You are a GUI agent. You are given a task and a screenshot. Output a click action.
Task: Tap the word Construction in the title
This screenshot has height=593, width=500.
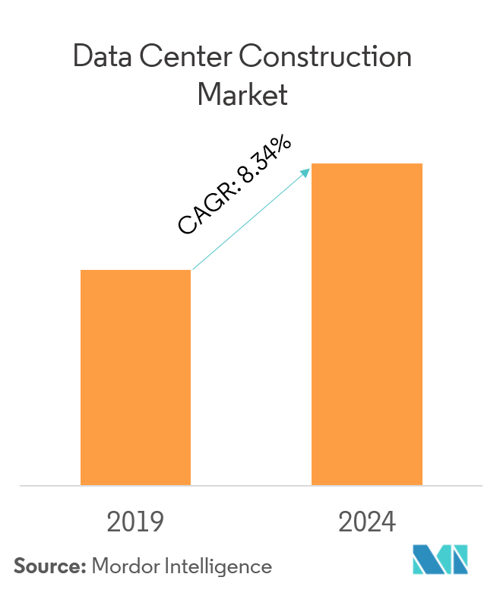point(329,59)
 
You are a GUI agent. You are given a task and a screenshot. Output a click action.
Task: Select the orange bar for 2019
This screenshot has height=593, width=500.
point(135,377)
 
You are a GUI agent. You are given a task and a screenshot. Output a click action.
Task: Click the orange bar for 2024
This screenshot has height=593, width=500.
point(367,324)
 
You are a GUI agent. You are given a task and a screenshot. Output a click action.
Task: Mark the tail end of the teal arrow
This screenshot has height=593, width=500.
point(194,268)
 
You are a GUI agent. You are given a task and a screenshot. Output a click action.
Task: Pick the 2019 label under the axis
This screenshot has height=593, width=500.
point(135,523)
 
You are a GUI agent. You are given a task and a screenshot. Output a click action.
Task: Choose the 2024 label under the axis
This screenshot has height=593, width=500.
point(367,523)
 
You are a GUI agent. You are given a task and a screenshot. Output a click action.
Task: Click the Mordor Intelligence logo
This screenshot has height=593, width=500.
point(441,560)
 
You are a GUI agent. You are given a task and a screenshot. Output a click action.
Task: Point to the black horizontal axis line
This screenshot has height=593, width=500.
point(250,485)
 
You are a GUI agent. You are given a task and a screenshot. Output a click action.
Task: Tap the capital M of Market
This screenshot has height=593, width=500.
point(207,96)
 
